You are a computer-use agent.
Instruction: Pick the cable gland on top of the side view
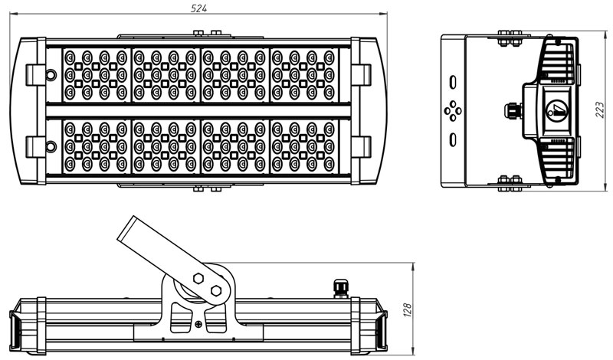click(339, 287)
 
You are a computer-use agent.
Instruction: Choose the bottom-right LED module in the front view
click(303, 146)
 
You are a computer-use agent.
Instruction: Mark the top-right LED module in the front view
click(303, 74)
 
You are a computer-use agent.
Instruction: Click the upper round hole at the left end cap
click(51, 75)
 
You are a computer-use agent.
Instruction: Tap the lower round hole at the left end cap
click(51, 146)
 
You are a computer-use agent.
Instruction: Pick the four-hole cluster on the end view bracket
click(454, 111)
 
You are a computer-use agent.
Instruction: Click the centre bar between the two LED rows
click(199, 110)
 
